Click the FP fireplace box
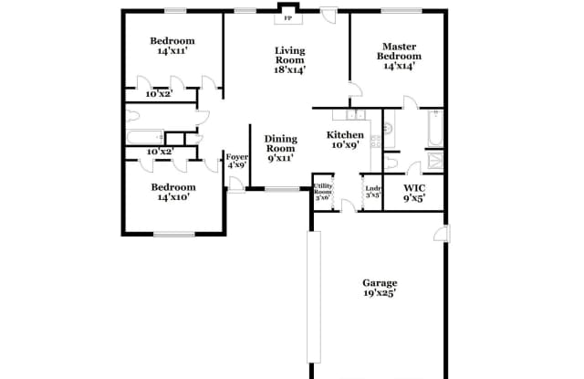pos(288,17)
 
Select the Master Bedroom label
pos(400,56)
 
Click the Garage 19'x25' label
pos(379,289)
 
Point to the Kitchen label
pos(345,139)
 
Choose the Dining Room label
pos(281,148)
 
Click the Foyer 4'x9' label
pos(237,161)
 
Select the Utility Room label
pos(323,192)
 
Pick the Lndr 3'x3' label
pos(371,192)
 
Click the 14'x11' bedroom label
pos(172,47)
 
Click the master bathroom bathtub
pos(432,129)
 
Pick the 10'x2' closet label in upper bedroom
pos(158,93)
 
